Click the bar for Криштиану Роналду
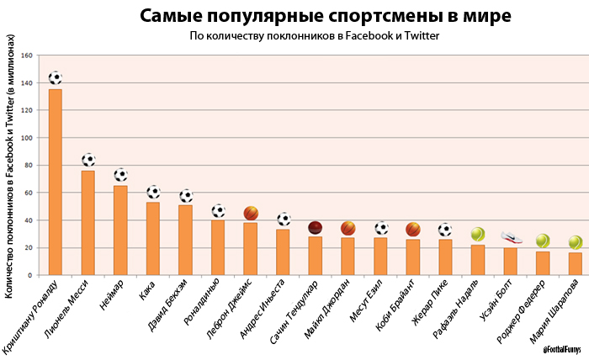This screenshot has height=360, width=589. tap(55, 182)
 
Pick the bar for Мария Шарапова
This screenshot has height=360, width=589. tap(575, 263)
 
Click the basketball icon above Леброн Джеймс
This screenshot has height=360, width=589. tap(251, 213)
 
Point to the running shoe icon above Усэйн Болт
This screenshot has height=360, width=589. tap(512, 237)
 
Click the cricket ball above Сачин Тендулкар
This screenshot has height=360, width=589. tap(316, 227)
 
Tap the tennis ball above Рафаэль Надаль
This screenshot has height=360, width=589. tap(478, 234)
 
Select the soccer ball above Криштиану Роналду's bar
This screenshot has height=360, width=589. tap(56, 78)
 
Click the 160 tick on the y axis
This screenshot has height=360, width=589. tap(27, 56)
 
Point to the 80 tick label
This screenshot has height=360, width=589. tap(29, 166)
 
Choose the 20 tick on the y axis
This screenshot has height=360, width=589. tap(29, 248)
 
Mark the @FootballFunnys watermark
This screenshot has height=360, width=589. tap(563, 349)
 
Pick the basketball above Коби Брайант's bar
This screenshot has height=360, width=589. tap(413, 229)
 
